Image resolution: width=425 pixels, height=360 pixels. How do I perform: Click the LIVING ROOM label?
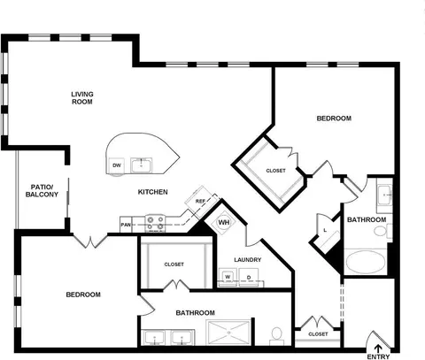[x=82, y=98]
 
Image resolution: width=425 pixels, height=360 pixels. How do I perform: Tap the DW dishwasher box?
[x=117, y=165]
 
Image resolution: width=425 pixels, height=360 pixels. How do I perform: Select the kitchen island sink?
[x=142, y=165]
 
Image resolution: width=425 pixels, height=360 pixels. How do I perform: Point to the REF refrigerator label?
[x=200, y=202]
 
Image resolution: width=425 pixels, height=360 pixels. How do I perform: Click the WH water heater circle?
[x=224, y=222]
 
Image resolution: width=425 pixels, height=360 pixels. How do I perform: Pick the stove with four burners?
[x=155, y=223]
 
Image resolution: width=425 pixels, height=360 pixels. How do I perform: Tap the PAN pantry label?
[x=126, y=225]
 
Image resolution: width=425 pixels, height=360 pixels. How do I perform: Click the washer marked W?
[x=228, y=277]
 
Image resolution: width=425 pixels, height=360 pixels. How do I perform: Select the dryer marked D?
[x=249, y=277]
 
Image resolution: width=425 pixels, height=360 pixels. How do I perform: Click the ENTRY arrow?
[x=378, y=348]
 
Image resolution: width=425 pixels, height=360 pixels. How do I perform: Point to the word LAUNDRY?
[x=248, y=260]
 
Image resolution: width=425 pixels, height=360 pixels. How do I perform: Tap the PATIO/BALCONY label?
[x=42, y=191]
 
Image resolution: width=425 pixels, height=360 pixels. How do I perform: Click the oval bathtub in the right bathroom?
[x=366, y=262]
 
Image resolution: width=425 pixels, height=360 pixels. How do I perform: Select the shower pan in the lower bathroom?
[x=229, y=333]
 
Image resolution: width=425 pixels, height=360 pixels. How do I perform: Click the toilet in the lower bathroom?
[x=277, y=336]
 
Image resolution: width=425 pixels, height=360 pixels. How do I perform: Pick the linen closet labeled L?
[x=325, y=230]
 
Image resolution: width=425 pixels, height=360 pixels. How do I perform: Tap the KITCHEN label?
[x=153, y=192]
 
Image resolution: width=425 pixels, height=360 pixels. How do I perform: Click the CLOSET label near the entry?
[x=318, y=334]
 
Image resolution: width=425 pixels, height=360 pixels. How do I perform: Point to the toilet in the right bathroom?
[x=383, y=231]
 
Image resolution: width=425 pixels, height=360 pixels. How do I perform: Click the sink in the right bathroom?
[x=385, y=195]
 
